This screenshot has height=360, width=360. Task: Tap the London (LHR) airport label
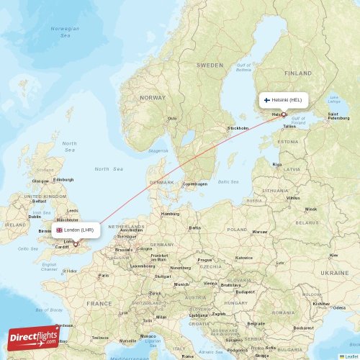[x=76, y=230]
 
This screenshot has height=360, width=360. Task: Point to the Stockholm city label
[x=238, y=128]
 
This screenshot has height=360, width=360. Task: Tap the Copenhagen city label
[x=194, y=184]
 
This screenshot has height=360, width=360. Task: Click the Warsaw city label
[x=259, y=232]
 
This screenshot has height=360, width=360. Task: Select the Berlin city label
[x=194, y=228]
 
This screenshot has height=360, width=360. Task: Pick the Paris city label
[x=104, y=275]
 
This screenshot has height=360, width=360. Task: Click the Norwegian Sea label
[x=66, y=31]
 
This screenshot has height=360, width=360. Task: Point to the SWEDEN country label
[x=210, y=65]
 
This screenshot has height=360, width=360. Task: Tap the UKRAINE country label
[x=334, y=273]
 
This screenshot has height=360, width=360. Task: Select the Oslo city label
[x=172, y=119]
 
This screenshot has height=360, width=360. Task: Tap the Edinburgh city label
[x=63, y=179]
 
